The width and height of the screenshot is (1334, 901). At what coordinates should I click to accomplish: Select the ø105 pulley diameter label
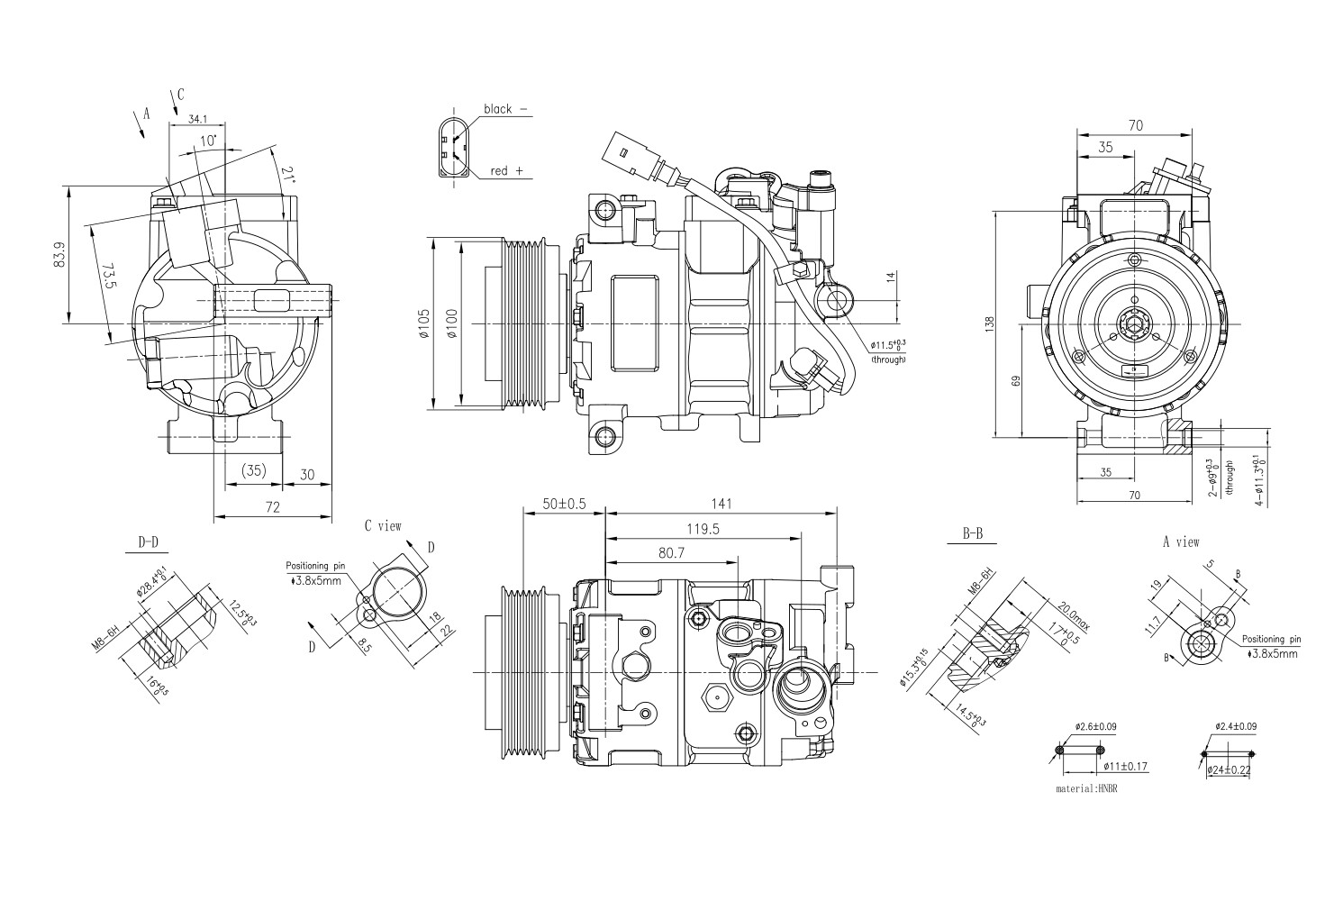tap(424, 323)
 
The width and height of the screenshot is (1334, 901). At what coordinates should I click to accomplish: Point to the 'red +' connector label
tap(506, 170)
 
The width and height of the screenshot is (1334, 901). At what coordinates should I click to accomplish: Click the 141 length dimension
tap(721, 504)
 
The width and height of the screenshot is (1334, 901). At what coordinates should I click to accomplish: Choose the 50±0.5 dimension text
tap(564, 504)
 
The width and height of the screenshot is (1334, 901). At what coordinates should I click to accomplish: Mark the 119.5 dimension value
tap(703, 530)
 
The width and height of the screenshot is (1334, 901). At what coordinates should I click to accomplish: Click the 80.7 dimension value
tap(671, 553)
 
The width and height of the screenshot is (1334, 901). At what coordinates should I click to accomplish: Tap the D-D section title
tap(148, 542)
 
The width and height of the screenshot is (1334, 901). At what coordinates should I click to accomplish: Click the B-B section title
tap(972, 534)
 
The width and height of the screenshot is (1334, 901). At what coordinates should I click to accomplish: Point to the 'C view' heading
tap(383, 525)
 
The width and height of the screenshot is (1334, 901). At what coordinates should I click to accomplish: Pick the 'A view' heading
tap(1181, 542)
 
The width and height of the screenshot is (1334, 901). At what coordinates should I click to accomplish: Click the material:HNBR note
tap(1092, 787)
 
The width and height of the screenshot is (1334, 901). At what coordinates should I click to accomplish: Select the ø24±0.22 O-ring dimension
tap(1228, 770)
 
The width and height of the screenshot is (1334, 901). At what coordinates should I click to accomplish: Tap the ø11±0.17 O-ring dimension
tap(1125, 767)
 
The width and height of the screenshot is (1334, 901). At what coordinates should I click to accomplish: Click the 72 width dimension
tap(273, 508)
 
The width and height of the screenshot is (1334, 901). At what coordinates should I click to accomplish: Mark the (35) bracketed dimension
tap(254, 470)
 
